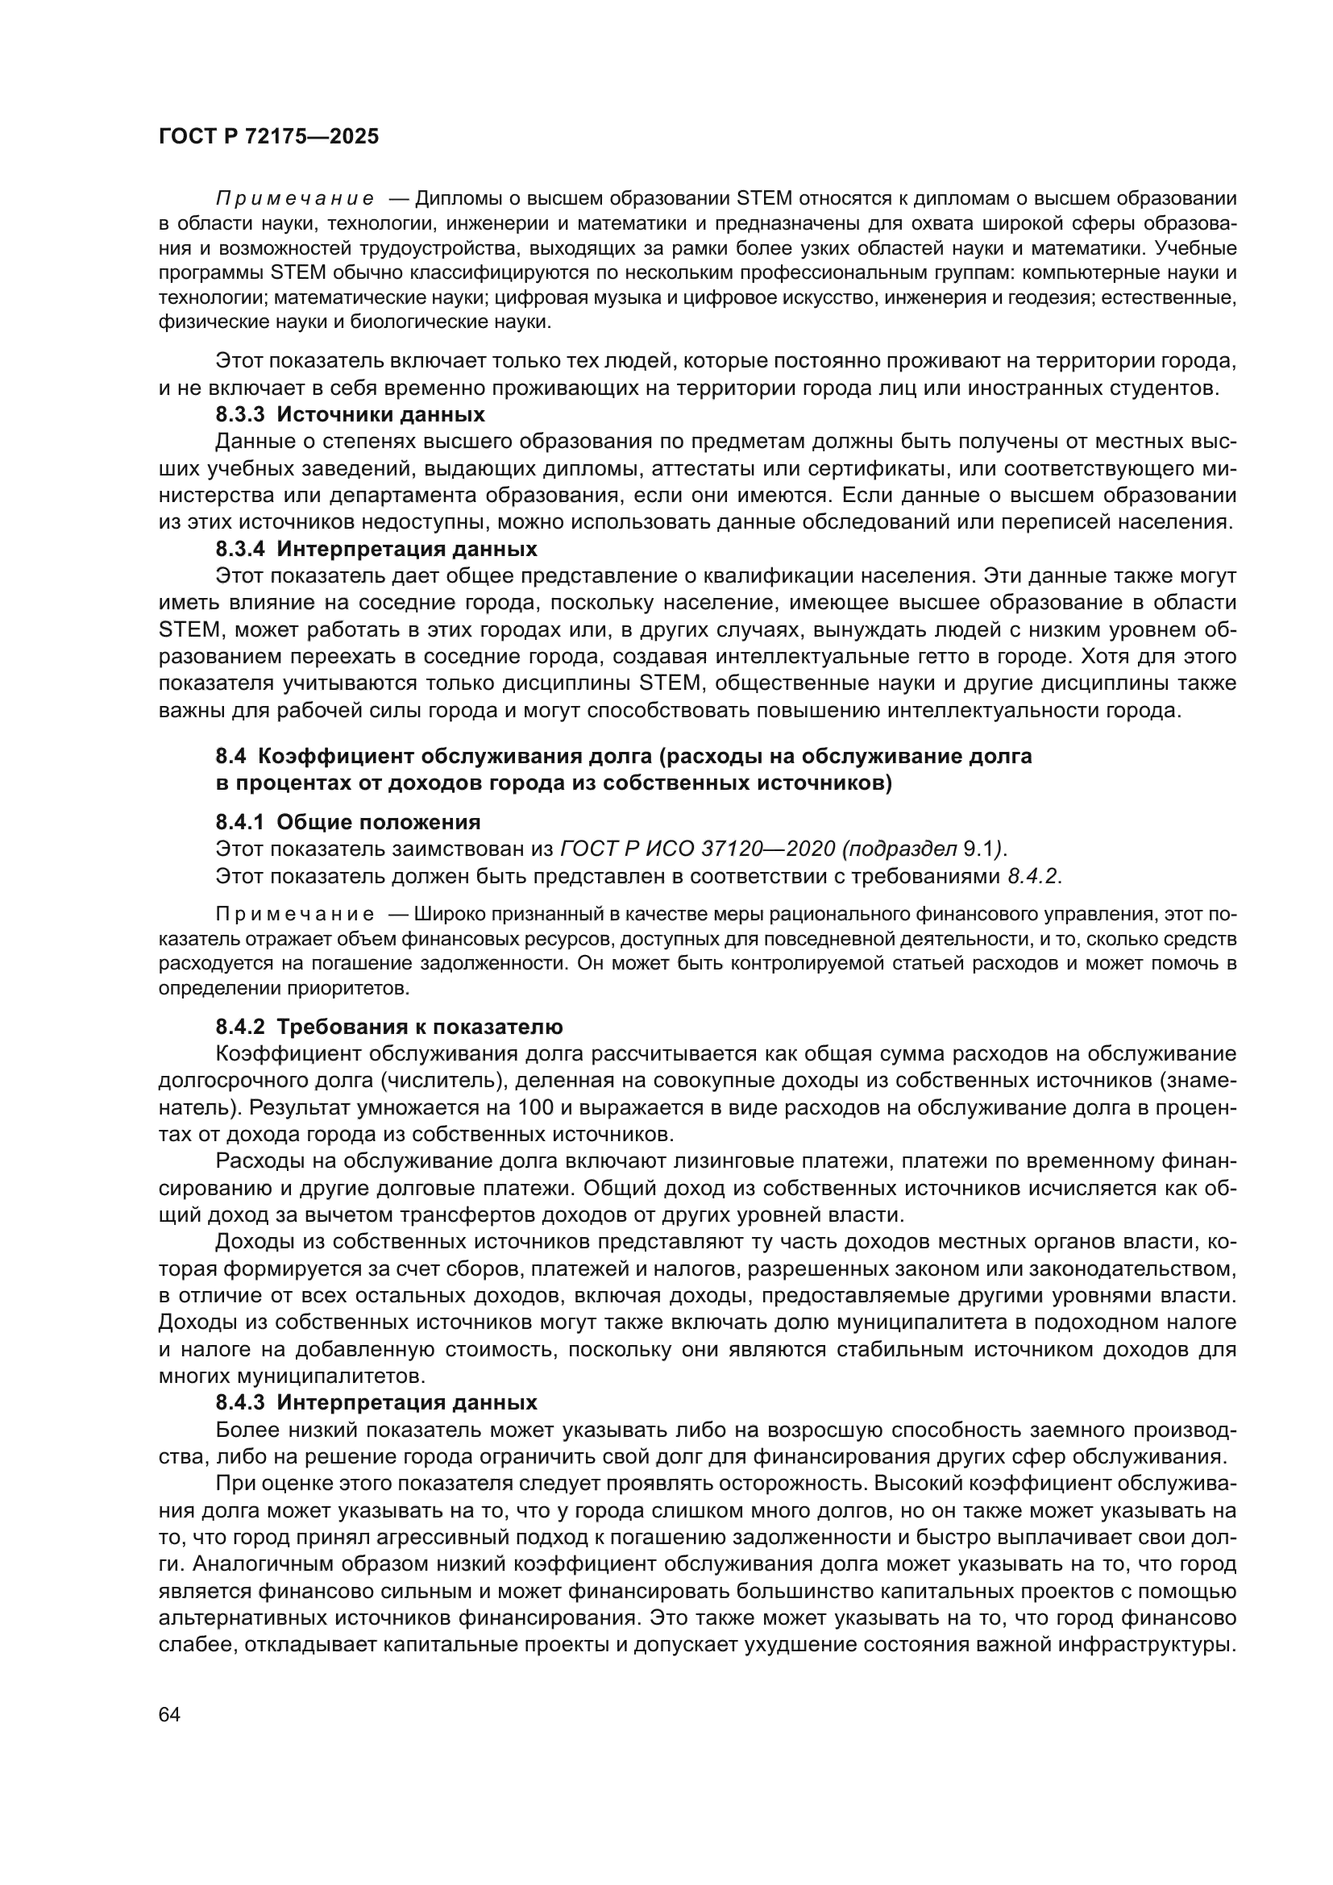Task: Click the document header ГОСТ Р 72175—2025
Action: (268, 137)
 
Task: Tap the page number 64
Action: (170, 1714)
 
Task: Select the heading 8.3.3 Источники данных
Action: (350, 413)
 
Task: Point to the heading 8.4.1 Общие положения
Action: (348, 822)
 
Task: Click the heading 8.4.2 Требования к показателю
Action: (389, 1027)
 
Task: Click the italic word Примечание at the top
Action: (295, 199)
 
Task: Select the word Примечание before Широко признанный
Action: (295, 915)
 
